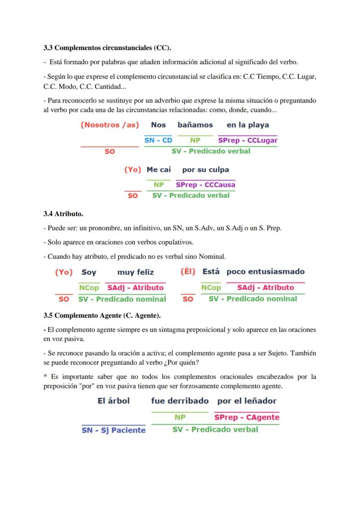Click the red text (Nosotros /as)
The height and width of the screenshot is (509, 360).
click(x=110, y=125)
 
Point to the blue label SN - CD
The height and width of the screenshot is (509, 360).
click(x=158, y=140)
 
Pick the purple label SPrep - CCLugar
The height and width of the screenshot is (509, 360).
click(x=248, y=140)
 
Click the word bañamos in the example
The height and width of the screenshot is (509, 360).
click(x=195, y=125)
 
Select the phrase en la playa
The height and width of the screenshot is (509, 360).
click(x=248, y=125)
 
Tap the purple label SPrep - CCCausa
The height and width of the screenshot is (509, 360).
click(x=206, y=185)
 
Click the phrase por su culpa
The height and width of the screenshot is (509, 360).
click(x=206, y=170)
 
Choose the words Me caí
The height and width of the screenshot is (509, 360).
click(x=159, y=170)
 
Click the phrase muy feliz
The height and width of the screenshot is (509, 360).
click(x=136, y=272)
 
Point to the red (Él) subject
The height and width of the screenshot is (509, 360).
click(x=188, y=272)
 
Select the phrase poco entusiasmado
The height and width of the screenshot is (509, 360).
click(x=266, y=272)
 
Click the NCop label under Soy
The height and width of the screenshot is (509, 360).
click(x=89, y=288)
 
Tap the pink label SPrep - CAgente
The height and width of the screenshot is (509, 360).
click(x=247, y=417)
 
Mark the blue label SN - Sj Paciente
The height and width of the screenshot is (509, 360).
click(x=114, y=430)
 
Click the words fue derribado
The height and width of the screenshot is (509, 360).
click(x=180, y=401)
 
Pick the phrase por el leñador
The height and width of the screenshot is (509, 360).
click(x=247, y=401)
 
